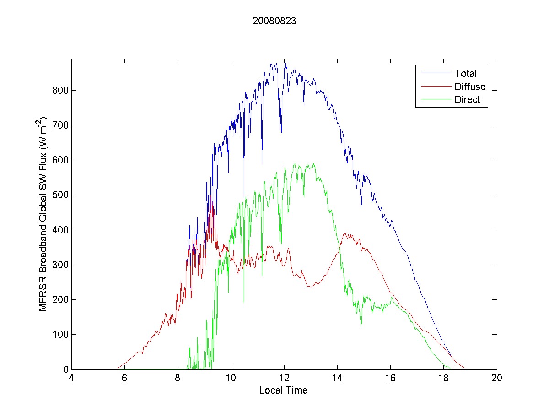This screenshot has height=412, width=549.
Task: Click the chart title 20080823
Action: pyautogui.click(x=274, y=21)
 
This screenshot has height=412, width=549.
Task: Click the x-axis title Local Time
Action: pyautogui.click(x=283, y=390)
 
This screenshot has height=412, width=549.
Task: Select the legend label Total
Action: pyautogui.click(x=465, y=73)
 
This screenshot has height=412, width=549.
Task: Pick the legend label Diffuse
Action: pyautogui.click(x=470, y=87)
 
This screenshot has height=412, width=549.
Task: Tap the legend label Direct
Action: pyautogui.click(x=467, y=100)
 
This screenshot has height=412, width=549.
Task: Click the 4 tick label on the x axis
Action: pyautogui.click(x=71, y=378)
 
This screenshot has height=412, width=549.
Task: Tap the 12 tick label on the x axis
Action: pyautogui.click(x=284, y=378)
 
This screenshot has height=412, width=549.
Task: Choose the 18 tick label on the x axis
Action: pyautogui.click(x=444, y=378)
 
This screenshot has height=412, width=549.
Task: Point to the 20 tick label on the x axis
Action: pyautogui.click(x=497, y=378)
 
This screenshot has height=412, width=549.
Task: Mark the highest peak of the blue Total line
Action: pyautogui.click(x=284, y=60)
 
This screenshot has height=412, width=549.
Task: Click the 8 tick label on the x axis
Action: pyautogui.click(x=178, y=378)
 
